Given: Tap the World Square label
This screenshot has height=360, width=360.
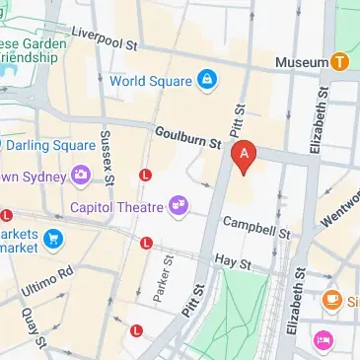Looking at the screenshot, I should [x=151, y=80].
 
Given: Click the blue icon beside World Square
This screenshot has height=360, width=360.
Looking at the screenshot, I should [x=206, y=80].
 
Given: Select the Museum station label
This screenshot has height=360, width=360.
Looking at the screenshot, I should [x=301, y=62].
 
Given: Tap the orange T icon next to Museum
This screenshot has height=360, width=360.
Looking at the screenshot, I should [x=339, y=61].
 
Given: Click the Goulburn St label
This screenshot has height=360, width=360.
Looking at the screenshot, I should [x=187, y=137].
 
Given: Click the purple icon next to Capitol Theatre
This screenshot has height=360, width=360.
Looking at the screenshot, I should [x=179, y=204].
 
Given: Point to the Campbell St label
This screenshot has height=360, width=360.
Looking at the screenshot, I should [x=255, y=227].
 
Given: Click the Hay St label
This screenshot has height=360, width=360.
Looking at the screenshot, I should [x=235, y=263].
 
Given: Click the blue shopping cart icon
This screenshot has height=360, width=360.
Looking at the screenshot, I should [x=52, y=237].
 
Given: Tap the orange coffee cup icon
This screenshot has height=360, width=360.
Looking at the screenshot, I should [x=331, y=299].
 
